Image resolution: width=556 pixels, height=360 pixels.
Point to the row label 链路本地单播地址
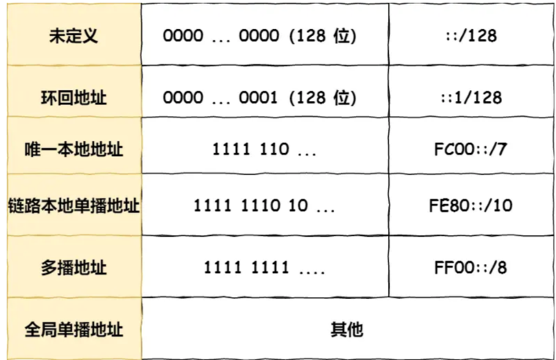click(73, 206)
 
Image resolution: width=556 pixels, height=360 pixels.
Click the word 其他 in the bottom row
click(347, 329)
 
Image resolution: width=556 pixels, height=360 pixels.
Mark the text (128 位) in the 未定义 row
click(323, 36)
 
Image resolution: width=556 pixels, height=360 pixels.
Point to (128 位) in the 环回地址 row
click(323, 98)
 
